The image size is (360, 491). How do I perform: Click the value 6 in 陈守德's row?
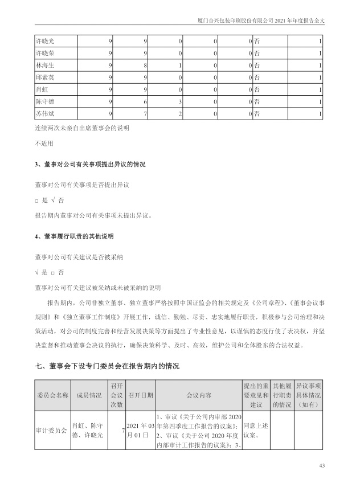coord(146,102)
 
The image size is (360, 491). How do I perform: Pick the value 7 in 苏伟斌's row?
coord(146,114)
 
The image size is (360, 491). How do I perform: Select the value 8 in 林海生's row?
coord(146,66)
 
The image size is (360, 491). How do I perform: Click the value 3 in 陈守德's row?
coord(181,102)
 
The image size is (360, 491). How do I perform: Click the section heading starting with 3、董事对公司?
coord(90,164)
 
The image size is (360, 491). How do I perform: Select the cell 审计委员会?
coord(52,431)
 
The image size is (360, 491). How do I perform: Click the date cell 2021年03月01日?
coord(140,431)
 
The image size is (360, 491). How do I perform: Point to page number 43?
coord(322,467)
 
